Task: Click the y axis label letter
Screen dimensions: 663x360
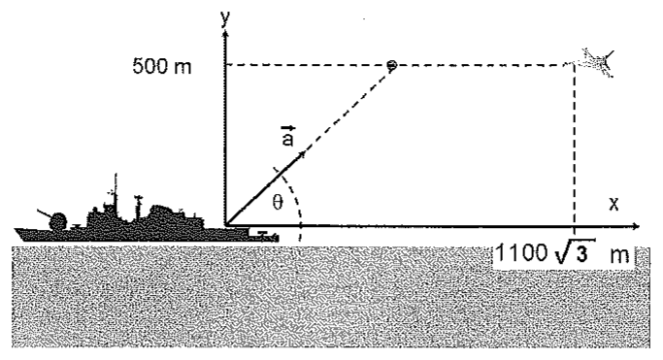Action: (225, 18)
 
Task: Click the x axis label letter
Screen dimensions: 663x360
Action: (613, 204)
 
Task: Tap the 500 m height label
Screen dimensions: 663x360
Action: (162, 66)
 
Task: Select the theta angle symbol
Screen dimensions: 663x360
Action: (278, 203)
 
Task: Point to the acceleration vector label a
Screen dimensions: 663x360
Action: (287, 136)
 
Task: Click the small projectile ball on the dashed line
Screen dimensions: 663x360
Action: (392, 65)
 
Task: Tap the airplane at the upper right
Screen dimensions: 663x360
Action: (597, 62)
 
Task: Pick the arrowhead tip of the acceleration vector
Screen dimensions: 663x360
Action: (305, 153)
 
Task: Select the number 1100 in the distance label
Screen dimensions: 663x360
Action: (520, 253)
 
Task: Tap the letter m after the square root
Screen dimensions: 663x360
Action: (620, 255)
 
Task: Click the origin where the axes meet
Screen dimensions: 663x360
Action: (226, 226)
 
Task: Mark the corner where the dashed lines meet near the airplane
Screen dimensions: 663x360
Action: (574, 65)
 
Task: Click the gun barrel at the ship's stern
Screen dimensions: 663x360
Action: (44, 213)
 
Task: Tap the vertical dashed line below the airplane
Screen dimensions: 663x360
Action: (574, 146)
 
